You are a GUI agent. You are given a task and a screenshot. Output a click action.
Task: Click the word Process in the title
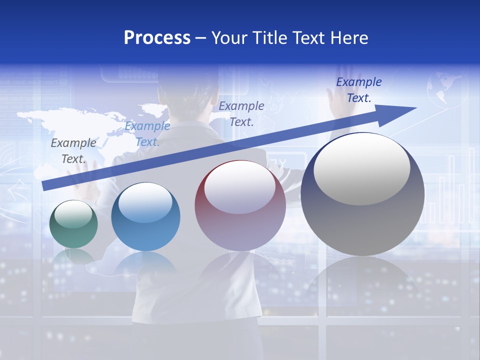pos(157,38)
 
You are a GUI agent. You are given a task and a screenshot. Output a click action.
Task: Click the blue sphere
pos(145,217)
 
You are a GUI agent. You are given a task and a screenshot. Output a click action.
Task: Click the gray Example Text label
pos(73,150)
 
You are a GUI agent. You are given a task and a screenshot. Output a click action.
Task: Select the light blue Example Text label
pos(147,133)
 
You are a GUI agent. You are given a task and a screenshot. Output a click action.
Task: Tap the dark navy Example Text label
pos(359,89)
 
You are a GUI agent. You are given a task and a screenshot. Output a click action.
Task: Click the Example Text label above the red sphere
pos(241,113)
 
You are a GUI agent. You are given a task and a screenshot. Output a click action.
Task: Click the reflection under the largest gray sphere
pos(362,280)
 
